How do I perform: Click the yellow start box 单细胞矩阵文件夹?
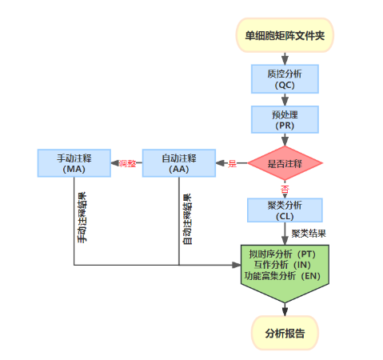coord(285,35)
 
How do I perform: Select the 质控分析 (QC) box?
coord(285,79)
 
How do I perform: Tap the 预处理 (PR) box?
coord(285,119)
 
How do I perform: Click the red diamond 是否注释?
coord(285,163)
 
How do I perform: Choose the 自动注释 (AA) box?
coord(179,163)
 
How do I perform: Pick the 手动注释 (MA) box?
coord(74,163)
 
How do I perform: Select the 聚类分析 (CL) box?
coord(285,210)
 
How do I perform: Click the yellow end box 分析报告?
coord(285,333)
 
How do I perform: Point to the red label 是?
coord(232,163)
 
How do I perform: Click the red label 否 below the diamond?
coord(285,190)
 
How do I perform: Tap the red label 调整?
coord(127,163)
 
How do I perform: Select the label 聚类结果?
coord(309,234)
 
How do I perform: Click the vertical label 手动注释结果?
coord(82,217)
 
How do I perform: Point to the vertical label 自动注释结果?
coord(187,219)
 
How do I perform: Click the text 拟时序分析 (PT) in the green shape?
coord(282,254)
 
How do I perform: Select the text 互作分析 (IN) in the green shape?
coord(282,265)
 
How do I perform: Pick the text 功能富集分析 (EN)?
coord(282,276)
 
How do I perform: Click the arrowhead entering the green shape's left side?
coord(237,265)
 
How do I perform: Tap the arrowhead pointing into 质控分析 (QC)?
coord(285,61)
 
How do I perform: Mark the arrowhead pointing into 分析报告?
coord(285,312)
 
